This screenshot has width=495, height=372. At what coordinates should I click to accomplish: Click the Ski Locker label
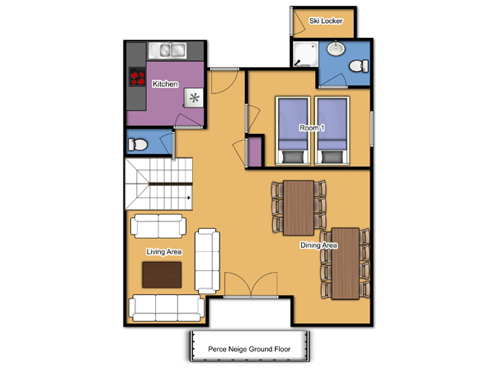coord(326,21)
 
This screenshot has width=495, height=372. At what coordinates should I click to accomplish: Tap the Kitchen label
coord(165,84)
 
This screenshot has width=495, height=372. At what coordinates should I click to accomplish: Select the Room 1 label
coord(312,128)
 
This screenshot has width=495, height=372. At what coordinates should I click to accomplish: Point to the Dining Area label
coord(318,246)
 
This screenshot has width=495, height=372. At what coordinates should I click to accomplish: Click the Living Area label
coord(164,252)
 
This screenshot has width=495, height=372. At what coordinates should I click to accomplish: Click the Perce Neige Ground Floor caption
coord(249,349)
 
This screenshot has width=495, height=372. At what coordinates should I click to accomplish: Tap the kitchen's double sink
coord(167,50)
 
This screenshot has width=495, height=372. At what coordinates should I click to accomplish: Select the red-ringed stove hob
coord(138,77)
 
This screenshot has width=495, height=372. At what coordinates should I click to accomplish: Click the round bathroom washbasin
coord(336,49)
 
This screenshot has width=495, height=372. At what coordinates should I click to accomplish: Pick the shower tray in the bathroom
coord(305,54)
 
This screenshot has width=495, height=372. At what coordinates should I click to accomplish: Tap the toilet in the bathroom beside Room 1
coord(359,66)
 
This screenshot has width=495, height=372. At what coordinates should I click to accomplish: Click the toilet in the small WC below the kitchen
coord(137,145)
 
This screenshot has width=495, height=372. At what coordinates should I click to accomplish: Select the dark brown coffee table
coord(162,275)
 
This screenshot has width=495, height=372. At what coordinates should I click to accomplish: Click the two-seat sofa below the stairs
coord(158,226)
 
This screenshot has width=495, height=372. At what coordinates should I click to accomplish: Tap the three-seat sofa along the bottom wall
coord(167,308)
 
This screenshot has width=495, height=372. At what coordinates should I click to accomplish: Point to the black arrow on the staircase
coord(189,198)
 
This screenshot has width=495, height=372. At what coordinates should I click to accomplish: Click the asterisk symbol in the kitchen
coord(194,98)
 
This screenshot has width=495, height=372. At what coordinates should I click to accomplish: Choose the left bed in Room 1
coord(293,131)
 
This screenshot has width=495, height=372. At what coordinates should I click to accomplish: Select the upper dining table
coord(299,207)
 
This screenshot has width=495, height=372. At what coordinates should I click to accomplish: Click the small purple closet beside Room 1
coord(255,152)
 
